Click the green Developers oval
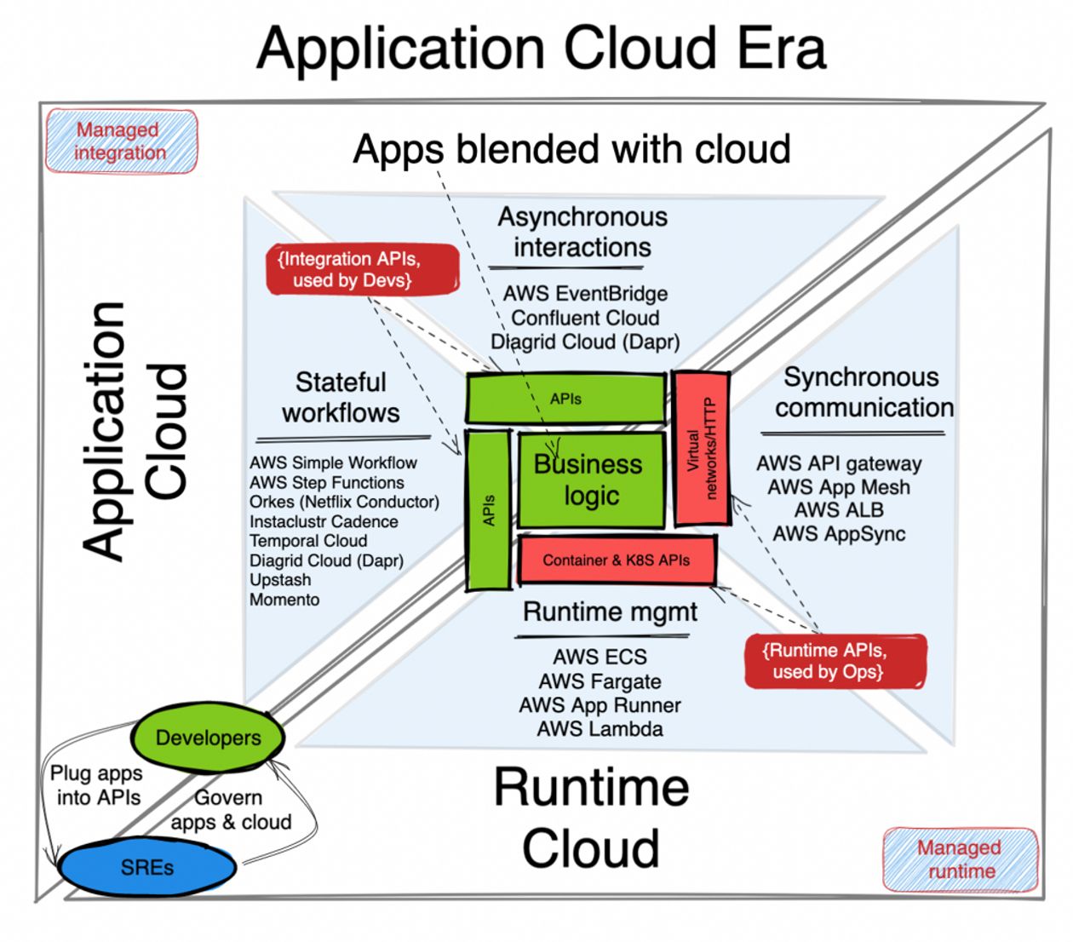(x=208, y=738)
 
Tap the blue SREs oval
(x=146, y=867)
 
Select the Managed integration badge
(x=120, y=141)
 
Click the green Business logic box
(x=590, y=480)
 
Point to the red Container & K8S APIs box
(x=617, y=560)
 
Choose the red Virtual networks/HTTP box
(x=701, y=448)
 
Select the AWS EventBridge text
(x=585, y=294)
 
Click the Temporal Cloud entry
(x=308, y=541)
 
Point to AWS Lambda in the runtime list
(x=600, y=729)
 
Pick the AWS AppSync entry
(x=839, y=534)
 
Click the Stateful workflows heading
(x=341, y=397)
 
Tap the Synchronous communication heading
(x=863, y=392)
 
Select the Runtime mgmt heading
(x=610, y=612)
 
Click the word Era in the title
(x=781, y=49)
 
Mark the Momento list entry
(x=284, y=600)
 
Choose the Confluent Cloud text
(x=585, y=318)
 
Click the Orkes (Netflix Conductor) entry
(x=344, y=502)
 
